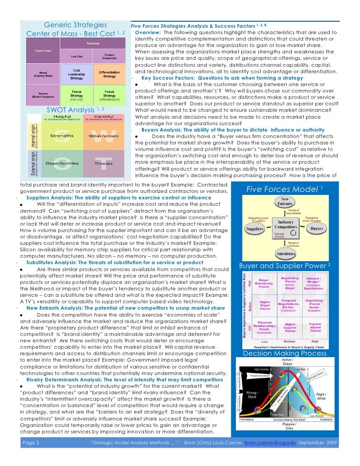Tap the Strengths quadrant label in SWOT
point(62,136)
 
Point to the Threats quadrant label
point(103,163)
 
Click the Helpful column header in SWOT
point(62,117)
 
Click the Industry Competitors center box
point(286,225)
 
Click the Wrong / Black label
point(252,397)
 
